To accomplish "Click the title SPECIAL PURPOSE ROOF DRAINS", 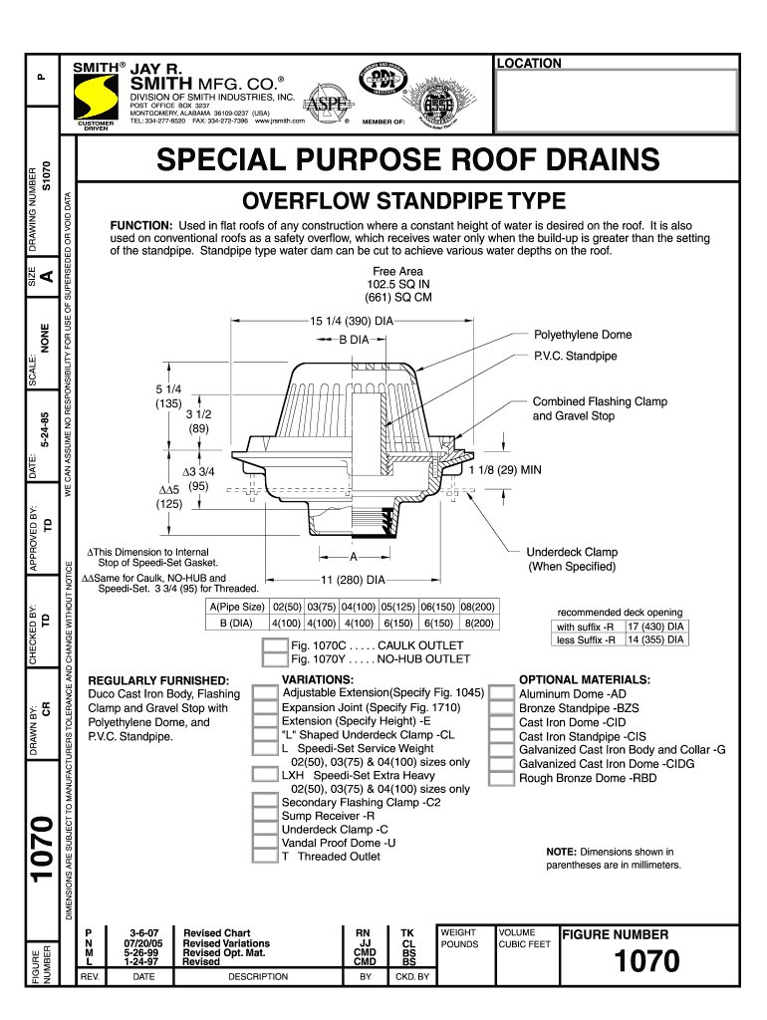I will [406, 159].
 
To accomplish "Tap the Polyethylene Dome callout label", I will [583, 335].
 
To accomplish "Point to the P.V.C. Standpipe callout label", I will [576, 356].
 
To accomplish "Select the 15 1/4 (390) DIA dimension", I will [353, 321].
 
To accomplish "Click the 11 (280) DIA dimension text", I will [353, 579].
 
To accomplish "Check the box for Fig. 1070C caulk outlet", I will [274, 645].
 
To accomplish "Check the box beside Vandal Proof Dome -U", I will [266, 843].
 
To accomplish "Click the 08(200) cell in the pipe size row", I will [478, 607].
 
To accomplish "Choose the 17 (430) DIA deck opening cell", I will [656, 627].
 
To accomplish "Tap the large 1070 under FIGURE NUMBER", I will [646, 961].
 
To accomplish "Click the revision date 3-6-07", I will [130, 933].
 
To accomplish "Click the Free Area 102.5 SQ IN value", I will [397, 284].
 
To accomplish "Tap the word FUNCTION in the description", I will [141, 226].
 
